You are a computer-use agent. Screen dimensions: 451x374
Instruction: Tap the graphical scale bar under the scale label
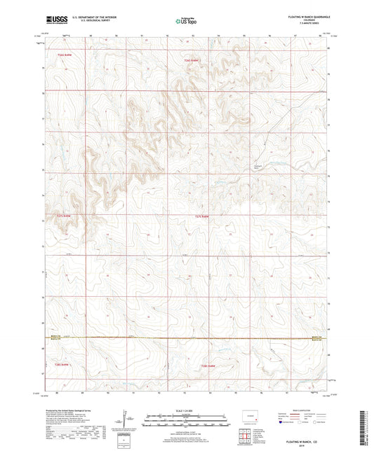point(187,422)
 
